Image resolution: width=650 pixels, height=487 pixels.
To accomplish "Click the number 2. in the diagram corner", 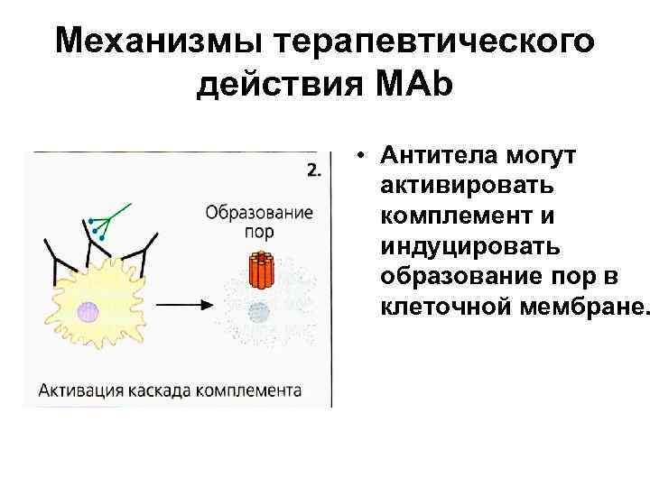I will (x=312, y=170).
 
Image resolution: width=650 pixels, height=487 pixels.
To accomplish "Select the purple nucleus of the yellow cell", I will (x=88, y=312).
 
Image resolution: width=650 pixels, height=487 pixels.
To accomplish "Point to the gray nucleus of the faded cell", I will (x=259, y=314).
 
